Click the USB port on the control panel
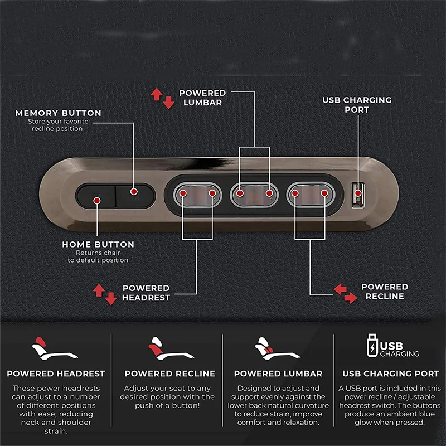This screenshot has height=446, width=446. coord(358,195)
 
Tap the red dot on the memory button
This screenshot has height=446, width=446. coord(134,191)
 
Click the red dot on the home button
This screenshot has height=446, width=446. coord(97,201)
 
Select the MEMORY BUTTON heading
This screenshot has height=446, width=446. coord(59,113)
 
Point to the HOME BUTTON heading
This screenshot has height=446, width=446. coord(98,244)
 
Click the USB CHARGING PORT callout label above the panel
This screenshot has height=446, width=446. coord(357,105)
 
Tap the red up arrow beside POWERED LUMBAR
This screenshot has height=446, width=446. coord(157,94)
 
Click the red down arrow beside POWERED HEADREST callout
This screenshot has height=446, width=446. coord(110,298)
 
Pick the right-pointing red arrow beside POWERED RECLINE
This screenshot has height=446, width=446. coord(351,298)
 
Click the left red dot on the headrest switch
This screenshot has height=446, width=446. coord(183,193)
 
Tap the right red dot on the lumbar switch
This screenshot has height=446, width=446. coord(269,193)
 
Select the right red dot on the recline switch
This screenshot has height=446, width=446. coord(324,193)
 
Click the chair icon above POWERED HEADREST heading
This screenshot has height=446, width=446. coord(55,349)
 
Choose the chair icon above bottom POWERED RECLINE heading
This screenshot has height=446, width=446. coord(171,349)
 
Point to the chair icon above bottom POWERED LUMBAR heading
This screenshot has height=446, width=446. coord(277,349)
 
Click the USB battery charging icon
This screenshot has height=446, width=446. coord(372,345)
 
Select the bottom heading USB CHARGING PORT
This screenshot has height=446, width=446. coord(391,374)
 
